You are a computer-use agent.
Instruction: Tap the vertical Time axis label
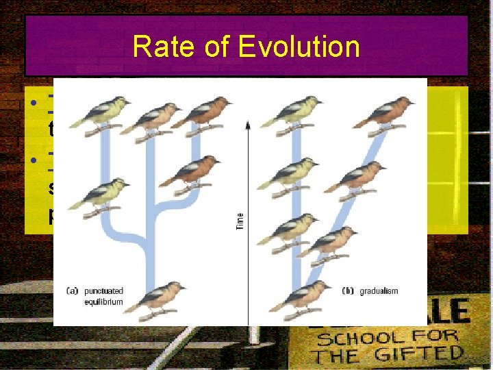pyautogui.click(x=240, y=220)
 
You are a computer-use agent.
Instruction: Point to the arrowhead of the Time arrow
pyautogui.click(x=247, y=123)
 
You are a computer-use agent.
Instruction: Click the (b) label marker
pyautogui.click(x=348, y=291)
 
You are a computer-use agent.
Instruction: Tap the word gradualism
pyautogui.click(x=379, y=291)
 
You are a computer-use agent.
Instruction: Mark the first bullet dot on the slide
pyautogui.click(x=32, y=104)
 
